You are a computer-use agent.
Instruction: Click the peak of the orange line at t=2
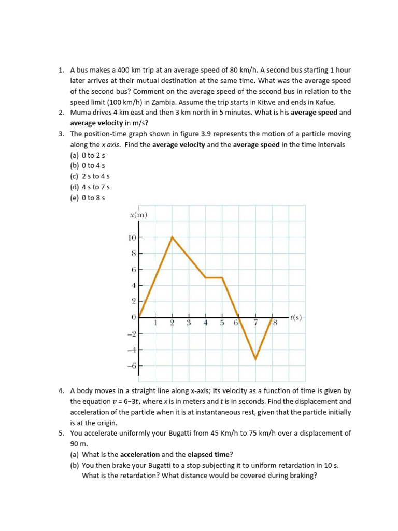pos(172,237)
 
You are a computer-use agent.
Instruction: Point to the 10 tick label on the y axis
pos(132,237)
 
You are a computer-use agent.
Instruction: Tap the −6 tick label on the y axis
pos(131,366)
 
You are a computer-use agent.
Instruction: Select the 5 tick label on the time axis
pos(222,323)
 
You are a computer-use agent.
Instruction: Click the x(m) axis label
pos(138,215)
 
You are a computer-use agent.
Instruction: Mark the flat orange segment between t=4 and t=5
pos(214,277)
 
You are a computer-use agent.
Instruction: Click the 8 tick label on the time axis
pos(276,323)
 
